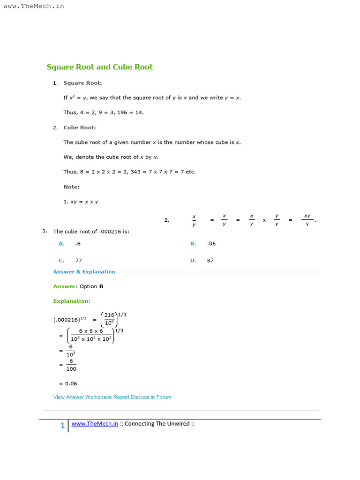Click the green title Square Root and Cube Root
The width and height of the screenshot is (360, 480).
point(99,67)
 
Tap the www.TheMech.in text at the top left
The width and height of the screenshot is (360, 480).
point(34,6)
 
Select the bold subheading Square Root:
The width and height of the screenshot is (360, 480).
point(82,83)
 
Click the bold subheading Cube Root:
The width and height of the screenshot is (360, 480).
point(80,127)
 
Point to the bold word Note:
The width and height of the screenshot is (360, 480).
point(71,187)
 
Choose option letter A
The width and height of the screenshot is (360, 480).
point(61,244)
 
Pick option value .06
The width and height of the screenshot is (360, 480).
point(211,244)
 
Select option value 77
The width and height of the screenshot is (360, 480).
point(78,261)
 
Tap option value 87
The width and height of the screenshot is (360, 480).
point(210,261)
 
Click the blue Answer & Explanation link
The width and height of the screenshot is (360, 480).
point(84,272)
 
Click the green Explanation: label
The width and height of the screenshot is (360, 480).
point(72,301)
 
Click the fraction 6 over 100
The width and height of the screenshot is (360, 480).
point(71,365)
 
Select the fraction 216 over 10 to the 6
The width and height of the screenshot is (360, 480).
point(110,319)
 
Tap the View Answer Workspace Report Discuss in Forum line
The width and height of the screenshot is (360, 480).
point(112,397)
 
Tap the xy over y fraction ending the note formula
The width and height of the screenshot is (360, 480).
point(307,220)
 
